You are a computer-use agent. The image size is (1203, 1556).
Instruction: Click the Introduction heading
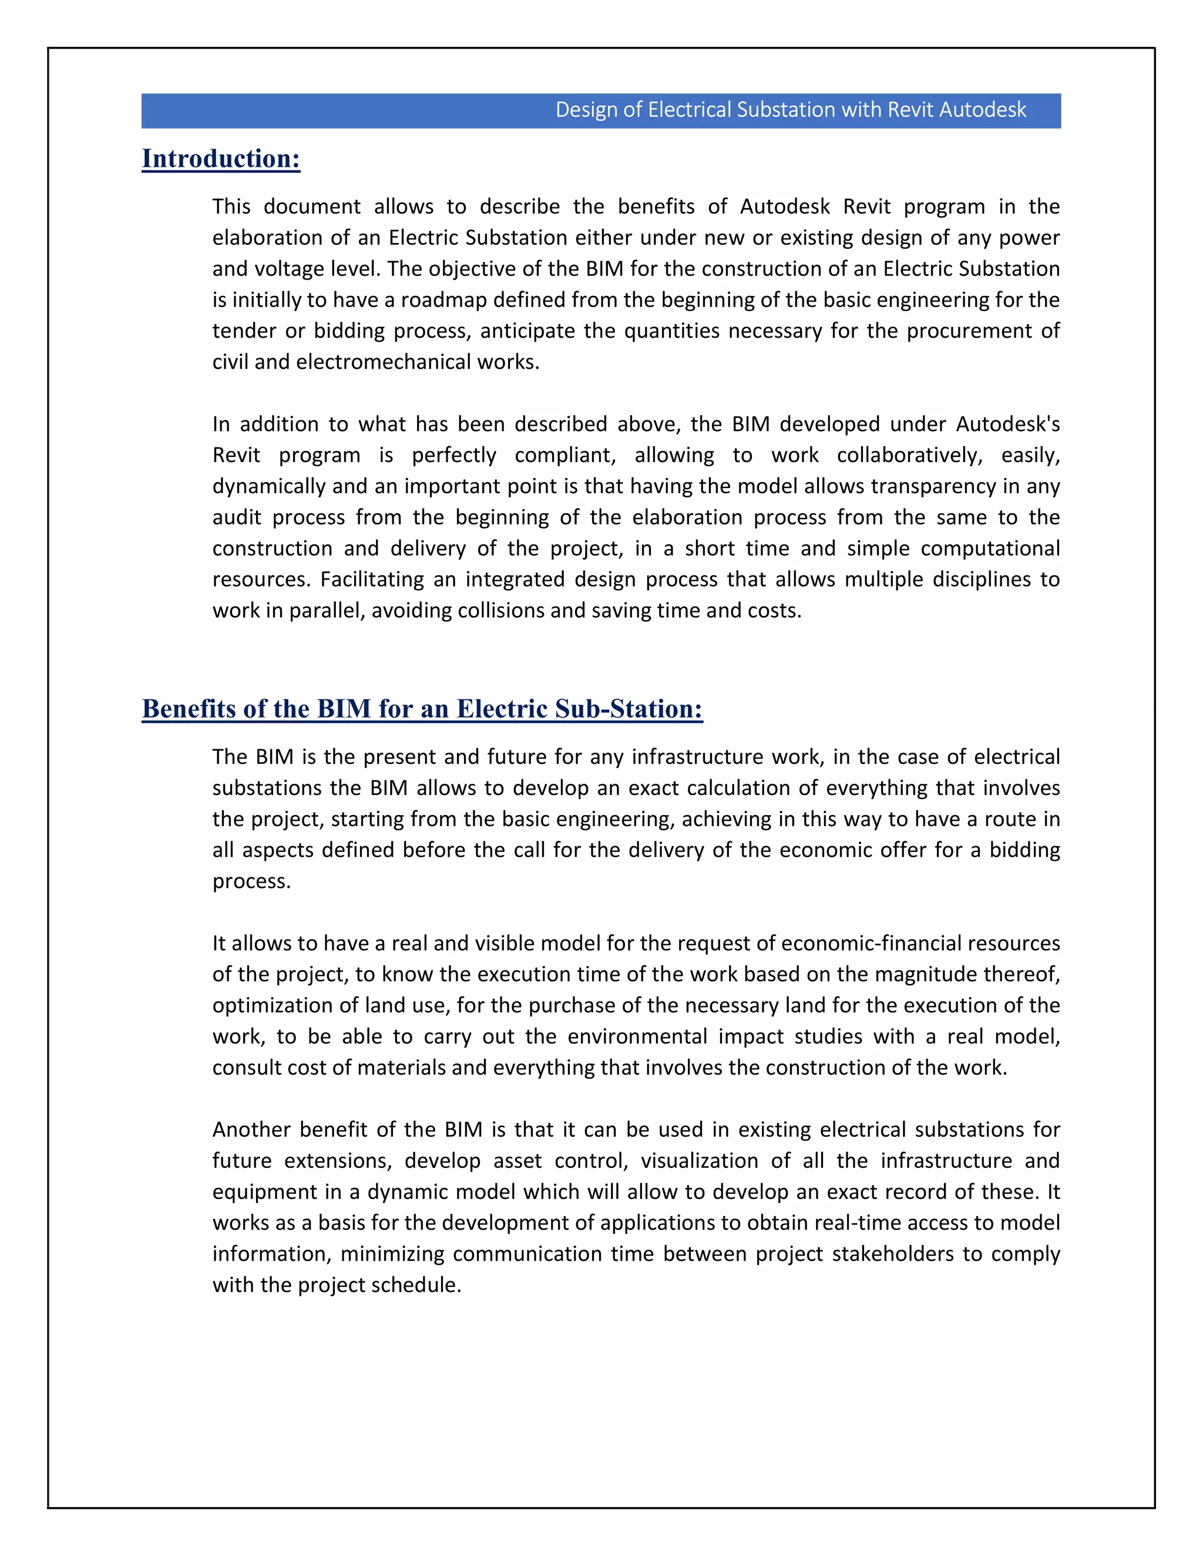point(221,159)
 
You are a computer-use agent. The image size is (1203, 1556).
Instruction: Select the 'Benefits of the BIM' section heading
point(422,709)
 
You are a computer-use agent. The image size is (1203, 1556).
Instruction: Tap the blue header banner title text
point(791,110)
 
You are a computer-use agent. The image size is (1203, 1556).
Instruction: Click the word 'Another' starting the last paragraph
point(251,1130)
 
